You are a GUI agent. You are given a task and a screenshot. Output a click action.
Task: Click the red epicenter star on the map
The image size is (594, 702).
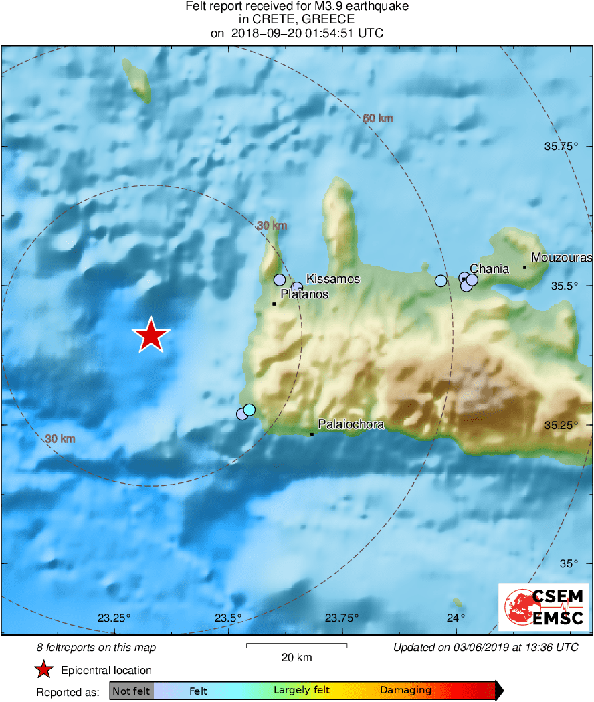click(152, 335)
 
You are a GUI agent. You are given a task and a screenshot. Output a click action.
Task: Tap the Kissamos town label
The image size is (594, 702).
click(332, 279)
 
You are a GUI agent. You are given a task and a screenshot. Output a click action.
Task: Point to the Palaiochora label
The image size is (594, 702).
click(351, 424)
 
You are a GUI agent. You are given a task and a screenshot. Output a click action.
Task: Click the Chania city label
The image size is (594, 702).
click(489, 269)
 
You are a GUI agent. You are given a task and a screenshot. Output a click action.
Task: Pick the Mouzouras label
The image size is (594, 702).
click(561, 257)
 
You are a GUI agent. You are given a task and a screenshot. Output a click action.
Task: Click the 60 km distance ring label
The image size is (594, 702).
click(378, 118)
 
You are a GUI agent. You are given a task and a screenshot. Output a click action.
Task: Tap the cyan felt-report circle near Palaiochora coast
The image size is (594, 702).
click(250, 409)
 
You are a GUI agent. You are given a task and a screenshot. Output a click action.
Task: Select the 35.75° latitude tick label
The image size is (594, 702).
click(560, 146)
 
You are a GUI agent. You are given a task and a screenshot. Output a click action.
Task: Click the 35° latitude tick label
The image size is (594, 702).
click(568, 564)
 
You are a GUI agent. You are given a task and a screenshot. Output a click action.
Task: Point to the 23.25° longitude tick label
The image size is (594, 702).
click(114, 617)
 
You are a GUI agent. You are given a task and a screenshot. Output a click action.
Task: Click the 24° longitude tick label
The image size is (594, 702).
click(456, 617)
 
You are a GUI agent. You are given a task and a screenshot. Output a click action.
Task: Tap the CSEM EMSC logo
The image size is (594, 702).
click(543, 607)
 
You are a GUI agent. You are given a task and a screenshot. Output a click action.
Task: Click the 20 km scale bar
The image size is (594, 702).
click(296, 645)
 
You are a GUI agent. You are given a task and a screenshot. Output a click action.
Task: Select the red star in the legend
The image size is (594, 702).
click(44, 670)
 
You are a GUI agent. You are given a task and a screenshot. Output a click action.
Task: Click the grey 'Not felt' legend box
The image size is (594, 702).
click(131, 691)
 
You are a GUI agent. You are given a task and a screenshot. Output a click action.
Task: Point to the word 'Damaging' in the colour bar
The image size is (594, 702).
click(405, 691)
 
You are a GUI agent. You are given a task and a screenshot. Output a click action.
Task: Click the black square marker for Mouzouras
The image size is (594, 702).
click(525, 268)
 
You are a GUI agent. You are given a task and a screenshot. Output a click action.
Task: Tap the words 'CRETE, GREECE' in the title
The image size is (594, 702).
click(296, 20)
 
